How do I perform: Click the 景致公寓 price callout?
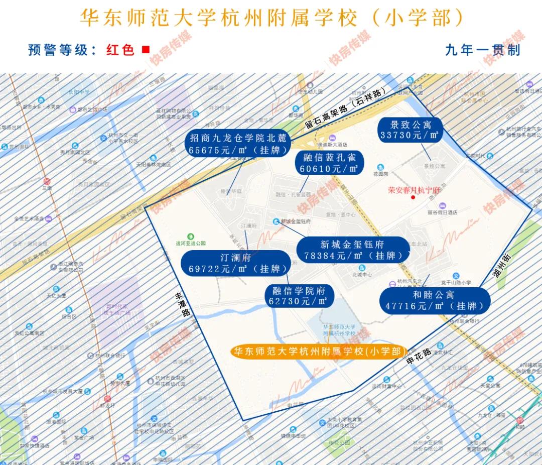click(x=411, y=130)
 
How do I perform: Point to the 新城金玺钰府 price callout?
click(x=353, y=250)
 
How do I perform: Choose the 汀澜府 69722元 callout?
click(x=235, y=263)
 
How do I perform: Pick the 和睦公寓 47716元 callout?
click(x=434, y=300)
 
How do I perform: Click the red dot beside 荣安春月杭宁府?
click(x=413, y=197)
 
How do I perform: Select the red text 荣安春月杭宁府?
click(x=414, y=190)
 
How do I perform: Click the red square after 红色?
click(x=146, y=50)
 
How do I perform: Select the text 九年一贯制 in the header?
click(x=482, y=50)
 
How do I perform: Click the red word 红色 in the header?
click(x=120, y=50)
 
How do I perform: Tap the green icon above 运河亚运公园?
click(x=191, y=237)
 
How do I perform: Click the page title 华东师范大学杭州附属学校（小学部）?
click(x=271, y=18)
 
